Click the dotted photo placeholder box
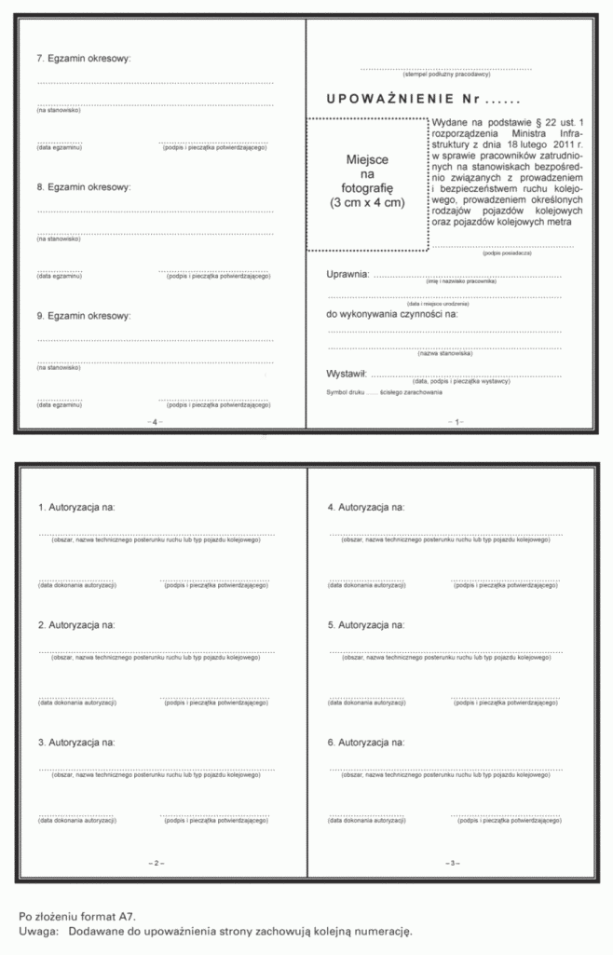pos(368,184)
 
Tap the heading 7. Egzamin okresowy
pos(84,58)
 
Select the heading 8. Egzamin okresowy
pos(84,186)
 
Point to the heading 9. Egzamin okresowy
pos(84,315)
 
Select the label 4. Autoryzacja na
pos(366,508)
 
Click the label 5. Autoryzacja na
pos(366,624)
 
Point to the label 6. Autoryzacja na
pos(366,743)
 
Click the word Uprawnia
pos(347,274)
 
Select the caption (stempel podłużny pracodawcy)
pos(446,74)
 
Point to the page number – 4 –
pos(155,422)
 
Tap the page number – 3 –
pos(451,864)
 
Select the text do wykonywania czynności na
pos(392,314)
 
